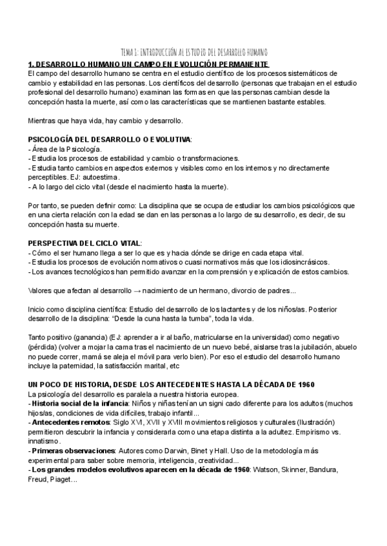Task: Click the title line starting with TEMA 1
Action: click(194, 52)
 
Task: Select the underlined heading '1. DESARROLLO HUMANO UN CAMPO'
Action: click(149, 64)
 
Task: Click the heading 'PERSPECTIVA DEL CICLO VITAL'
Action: click(84, 243)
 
